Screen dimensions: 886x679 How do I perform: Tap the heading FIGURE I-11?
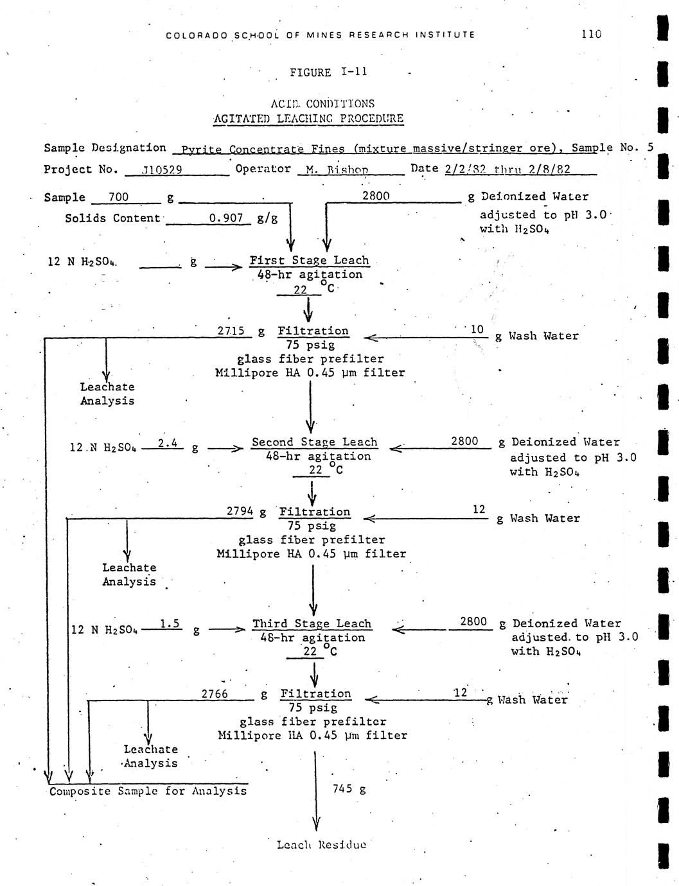point(328,73)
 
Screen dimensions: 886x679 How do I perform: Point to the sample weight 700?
point(118,197)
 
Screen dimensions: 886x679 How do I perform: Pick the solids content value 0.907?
point(226,218)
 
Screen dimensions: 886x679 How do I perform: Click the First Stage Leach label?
point(309,261)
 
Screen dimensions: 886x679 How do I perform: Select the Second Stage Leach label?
point(314,442)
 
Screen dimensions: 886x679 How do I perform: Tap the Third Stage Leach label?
point(312,623)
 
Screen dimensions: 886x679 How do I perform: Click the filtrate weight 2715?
point(231,331)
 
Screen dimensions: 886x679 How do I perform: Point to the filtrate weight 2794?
point(241,512)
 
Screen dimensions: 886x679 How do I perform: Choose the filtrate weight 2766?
point(215,694)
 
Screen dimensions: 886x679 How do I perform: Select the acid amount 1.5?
point(170,623)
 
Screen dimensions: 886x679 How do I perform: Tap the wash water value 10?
point(477,329)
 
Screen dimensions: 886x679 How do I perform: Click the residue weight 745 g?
point(349,788)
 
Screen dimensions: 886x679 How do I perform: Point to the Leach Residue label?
point(321,844)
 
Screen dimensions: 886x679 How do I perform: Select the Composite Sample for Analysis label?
point(148,791)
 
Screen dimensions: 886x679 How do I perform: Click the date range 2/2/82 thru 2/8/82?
point(507,169)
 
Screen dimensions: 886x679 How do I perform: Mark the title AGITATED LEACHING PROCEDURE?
point(308,118)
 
